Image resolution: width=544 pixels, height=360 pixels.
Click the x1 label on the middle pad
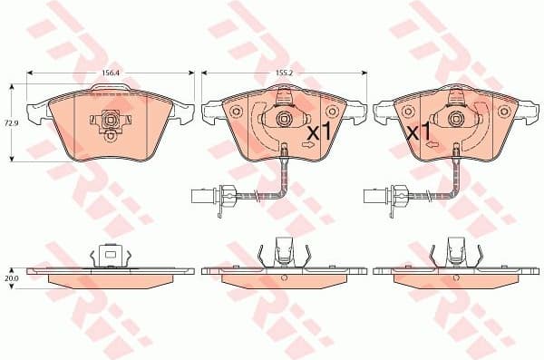[319, 132]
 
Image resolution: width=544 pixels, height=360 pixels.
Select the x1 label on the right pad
[419, 132]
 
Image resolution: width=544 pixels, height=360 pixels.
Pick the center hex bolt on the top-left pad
[110, 119]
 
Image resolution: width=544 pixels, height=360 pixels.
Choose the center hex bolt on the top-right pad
[454, 118]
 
